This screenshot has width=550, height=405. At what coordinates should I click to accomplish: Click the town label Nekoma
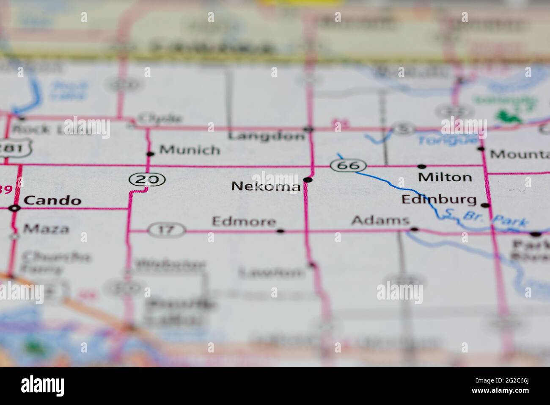pyautogui.click(x=266, y=186)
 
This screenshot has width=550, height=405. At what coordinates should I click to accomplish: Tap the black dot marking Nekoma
pyautogui.click(x=308, y=180)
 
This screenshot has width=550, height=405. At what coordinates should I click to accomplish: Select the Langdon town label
pyautogui.click(x=266, y=136)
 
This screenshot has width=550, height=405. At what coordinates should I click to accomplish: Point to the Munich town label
pyautogui.click(x=190, y=150)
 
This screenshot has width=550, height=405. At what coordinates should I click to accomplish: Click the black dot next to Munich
pyautogui.click(x=149, y=154)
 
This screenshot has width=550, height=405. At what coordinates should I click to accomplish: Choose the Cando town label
pyautogui.click(x=52, y=200)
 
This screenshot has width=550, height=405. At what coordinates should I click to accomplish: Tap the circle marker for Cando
pyautogui.click(x=15, y=208)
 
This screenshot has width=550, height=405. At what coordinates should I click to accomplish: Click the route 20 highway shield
pyautogui.click(x=147, y=180)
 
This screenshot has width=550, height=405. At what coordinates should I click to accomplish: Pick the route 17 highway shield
pyautogui.click(x=167, y=230)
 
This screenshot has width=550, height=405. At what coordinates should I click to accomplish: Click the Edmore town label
pyautogui.click(x=244, y=221)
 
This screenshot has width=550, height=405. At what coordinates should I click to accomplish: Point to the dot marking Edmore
pyautogui.click(x=280, y=231)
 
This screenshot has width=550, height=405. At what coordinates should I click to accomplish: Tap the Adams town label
pyautogui.click(x=380, y=220)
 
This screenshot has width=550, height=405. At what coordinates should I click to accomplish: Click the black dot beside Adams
pyautogui.click(x=415, y=230)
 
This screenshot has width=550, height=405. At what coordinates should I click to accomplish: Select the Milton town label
pyautogui.click(x=445, y=177)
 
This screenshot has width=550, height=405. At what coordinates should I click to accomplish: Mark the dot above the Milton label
pyautogui.click(x=421, y=166)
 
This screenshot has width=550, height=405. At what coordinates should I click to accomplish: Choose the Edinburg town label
pyautogui.click(x=439, y=199)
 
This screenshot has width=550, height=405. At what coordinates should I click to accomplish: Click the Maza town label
pyautogui.click(x=47, y=229)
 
